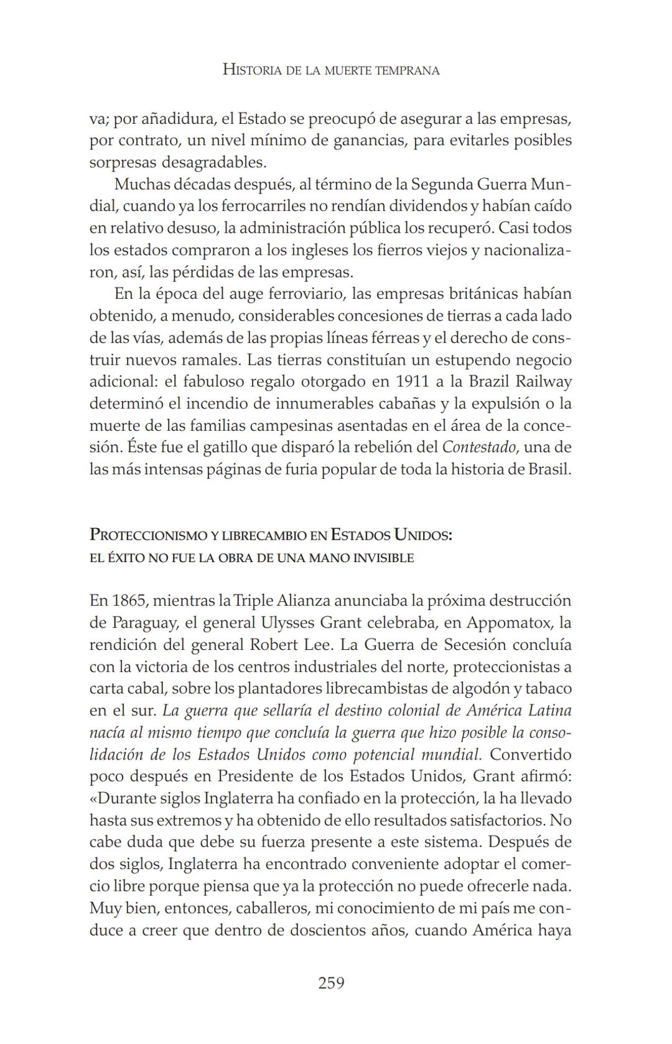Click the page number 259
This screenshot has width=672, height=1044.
tap(331, 983)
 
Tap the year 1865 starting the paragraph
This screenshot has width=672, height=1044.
tap(128, 601)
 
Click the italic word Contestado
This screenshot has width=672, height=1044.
tap(479, 447)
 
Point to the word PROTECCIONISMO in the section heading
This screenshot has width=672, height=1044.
tap(150, 535)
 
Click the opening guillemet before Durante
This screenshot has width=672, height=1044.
tap(93, 798)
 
